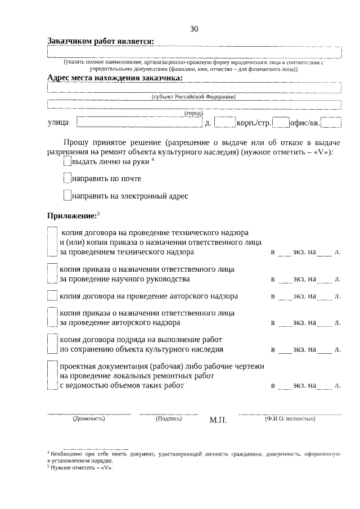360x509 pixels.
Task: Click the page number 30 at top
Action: pyautogui.click(x=194, y=29)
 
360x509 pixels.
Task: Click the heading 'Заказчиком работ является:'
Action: pyautogui.click(x=101, y=41)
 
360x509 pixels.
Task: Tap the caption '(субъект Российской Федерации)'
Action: pyautogui.click(x=193, y=97)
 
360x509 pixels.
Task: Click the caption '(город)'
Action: pyautogui.click(x=193, y=113)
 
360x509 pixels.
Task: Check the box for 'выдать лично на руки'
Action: pyautogui.click(x=67, y=161)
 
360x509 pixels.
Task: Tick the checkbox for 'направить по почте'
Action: pyautogui.click(x=67, y=179)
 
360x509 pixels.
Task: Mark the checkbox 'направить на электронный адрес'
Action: pyautogui.click(x=67, y=196)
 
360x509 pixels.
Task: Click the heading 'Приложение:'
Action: pyautogui.click(x=71, y=215)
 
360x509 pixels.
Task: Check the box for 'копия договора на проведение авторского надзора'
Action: pyautogui.click(x=52, y=296)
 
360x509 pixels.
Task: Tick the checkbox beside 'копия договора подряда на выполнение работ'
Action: pyautogui.click(x=52, y=344)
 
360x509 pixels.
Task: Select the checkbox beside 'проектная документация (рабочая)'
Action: pyautogui.click(x=52, y=376)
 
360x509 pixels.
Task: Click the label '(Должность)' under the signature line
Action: pyautogui.click(x=88, y=418)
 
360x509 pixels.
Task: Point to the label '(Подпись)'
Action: pyautogui.click(x=168, y=418)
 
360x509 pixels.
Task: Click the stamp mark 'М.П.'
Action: pyautogui.click(x=217, y=420)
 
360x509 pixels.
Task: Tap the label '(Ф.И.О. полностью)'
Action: pyautogui.click(x=289, y=418)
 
